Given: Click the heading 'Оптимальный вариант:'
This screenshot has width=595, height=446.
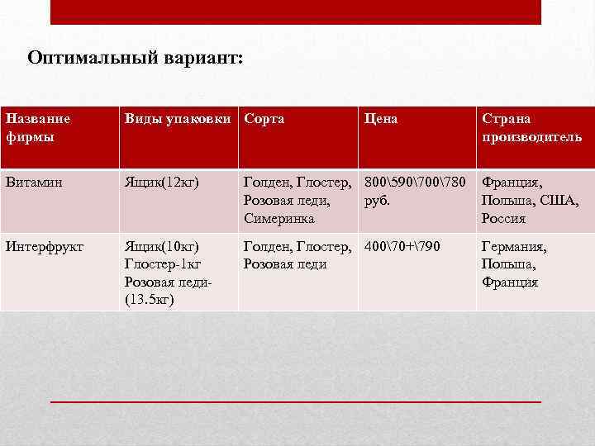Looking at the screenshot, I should click(x=136, y=59).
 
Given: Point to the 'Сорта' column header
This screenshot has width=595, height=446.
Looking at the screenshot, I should click(x=264, y=119).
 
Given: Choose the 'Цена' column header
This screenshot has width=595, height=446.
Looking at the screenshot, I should click(x=381, y=119).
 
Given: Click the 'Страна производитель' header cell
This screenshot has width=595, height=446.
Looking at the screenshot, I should click(x=532, y=127).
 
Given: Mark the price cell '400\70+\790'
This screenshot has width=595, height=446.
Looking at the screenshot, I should click(x=402, y=246).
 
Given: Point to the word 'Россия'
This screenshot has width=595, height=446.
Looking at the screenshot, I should click(x=504, y=219).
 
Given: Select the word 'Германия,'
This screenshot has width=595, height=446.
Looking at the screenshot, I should click(x=514, y=246).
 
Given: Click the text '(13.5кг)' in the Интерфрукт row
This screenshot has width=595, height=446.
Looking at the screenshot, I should click(x=150, y=300).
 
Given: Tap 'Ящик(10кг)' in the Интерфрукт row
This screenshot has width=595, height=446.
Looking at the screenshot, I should click(x=162, y=246).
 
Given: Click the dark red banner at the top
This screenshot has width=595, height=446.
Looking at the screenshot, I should click(x=296, y=12).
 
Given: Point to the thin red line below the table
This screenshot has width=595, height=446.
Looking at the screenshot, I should click(x=296, y=401).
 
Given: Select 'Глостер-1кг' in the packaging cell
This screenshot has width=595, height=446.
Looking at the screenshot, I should click(x=163, y=264).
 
